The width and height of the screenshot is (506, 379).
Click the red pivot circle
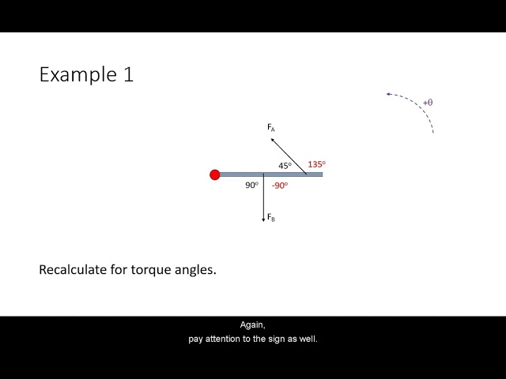click(x=215, y=174)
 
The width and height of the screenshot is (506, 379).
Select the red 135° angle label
click(x=316, y=164)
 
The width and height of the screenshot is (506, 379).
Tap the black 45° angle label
click(x=285, y=166)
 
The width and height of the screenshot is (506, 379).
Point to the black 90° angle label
click(x=251, y=186)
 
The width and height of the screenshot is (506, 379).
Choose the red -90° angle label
click(x=280, y=186)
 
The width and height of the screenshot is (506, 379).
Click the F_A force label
click(x=271, y=127)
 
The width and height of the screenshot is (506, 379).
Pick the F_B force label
click(x=271, y=217)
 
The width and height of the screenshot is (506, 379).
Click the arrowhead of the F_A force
click(x=273, y=140)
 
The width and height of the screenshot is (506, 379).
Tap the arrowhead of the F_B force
click(x=263, y=220)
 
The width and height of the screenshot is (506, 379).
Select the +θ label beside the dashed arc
click(x=428, y=103)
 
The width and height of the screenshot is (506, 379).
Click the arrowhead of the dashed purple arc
click(x=389, y=94)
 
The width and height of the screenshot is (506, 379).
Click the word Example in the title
click(x=76, y=75)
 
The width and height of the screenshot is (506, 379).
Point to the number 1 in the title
click(x=128, y=75)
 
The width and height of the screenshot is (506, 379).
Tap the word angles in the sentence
click(x=197, y=269)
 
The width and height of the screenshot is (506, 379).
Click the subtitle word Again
click(x=253, y=325)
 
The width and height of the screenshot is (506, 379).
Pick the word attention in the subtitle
click(x=227, y=339)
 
